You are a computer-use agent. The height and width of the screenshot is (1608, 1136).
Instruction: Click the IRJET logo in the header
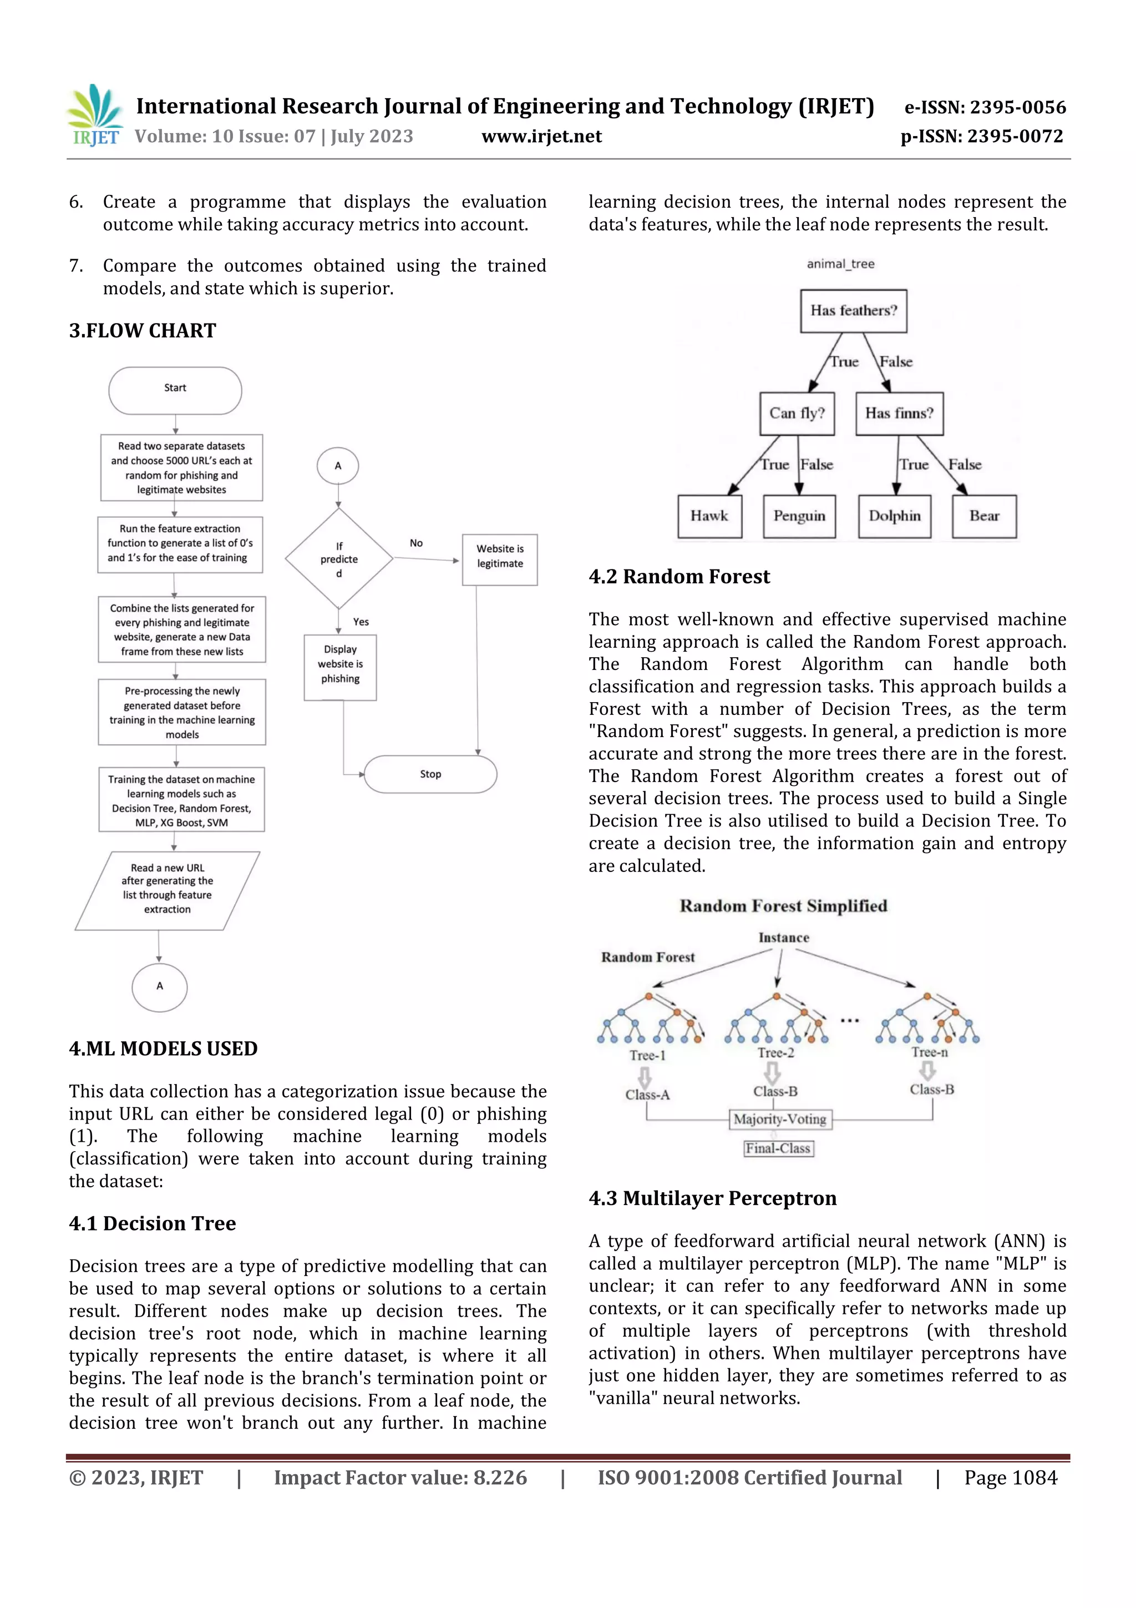click(x=96, y=115)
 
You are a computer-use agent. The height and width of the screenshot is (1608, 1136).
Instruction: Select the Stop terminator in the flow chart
click(x=430, y=774)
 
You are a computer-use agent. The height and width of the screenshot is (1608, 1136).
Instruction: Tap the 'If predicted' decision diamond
click(x=339, y=559)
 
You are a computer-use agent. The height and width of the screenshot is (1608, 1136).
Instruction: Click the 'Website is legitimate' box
click(x=500, y=559)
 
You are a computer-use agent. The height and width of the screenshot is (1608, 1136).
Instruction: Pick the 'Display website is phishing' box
click(x=340, y=667)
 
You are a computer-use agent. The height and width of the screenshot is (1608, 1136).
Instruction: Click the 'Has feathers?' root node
click(x=853, y=310)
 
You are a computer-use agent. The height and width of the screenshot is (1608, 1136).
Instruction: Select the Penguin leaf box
click(x=799, y=516)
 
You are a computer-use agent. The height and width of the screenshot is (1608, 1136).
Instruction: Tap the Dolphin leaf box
click(x=895, y=516)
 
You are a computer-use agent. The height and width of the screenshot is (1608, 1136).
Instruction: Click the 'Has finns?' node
click(x=899, y=413)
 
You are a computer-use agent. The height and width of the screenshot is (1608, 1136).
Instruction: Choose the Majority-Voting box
click(x=780, y=1119)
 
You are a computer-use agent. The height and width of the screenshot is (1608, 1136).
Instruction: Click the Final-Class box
click(x=778, y=1148)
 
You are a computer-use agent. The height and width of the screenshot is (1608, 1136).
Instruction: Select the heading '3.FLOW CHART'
click(x=143, y=331)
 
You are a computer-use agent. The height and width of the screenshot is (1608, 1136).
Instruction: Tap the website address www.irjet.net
click(x=541, y=136)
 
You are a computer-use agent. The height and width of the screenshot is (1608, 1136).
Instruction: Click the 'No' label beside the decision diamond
click(x=416, y=543)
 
